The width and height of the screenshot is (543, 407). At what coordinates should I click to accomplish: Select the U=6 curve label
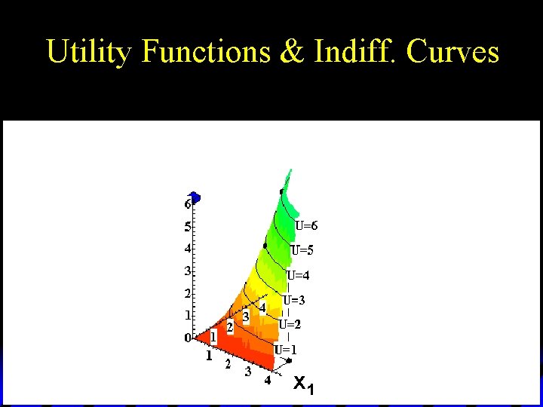coord(306,225)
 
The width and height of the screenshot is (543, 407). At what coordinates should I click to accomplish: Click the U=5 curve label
coord(302,250)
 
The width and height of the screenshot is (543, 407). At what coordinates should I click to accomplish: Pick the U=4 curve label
coord(298,275)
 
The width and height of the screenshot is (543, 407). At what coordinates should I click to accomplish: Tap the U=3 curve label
coord(294,300)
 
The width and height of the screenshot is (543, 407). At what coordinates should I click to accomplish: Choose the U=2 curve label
coord(290,325)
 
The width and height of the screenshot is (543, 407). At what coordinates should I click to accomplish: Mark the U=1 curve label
coord(285,350)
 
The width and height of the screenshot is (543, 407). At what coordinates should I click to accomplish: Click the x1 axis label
coord(303,385)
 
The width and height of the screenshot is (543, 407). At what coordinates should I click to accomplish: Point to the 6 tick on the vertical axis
coord(187,204)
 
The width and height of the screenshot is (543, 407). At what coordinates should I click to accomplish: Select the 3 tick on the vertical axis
coord(187,271)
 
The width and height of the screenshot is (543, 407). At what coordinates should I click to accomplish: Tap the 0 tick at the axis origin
coord(188,338)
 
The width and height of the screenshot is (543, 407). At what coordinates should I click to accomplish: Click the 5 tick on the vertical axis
coord(187,226)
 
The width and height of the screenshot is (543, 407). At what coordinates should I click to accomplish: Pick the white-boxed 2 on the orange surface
coord(230,326)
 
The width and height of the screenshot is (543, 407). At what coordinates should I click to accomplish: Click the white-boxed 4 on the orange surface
coord(262,308)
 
